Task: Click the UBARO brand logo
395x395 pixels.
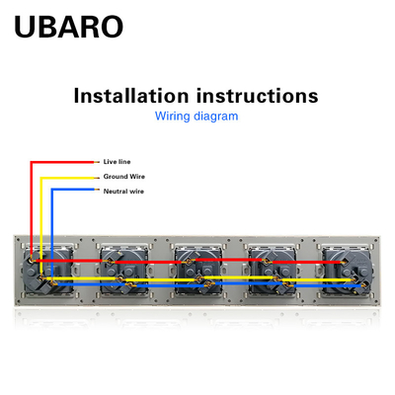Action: point(69,27)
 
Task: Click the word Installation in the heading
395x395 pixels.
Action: point(131,96)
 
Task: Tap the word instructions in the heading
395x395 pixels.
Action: point(258,96)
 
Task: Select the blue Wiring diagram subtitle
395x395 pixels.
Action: point(197,117)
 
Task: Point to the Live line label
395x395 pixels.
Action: point(117,162)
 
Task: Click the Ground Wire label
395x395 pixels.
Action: point(124,177)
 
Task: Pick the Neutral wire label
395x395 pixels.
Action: point(123,192)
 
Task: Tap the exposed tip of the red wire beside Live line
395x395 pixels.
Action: point(97,162)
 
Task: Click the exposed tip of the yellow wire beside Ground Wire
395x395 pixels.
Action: point(97,178)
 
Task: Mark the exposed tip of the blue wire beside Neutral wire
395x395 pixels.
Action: point(97,190)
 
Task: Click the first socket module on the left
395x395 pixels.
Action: point(47,271)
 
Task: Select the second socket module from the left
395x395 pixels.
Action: point(124,271)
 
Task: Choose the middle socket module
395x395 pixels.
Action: point(198,271)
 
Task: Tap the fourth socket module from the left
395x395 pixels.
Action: point(273,271)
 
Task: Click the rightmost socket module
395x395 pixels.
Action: point(347,271)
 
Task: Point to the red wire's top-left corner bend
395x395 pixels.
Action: point(32,162)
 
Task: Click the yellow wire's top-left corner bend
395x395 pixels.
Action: point(41,178)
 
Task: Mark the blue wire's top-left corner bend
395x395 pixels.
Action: point(52,190)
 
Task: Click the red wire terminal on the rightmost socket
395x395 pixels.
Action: point(344,262)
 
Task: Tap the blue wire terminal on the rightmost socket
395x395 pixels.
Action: point(363,285)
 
